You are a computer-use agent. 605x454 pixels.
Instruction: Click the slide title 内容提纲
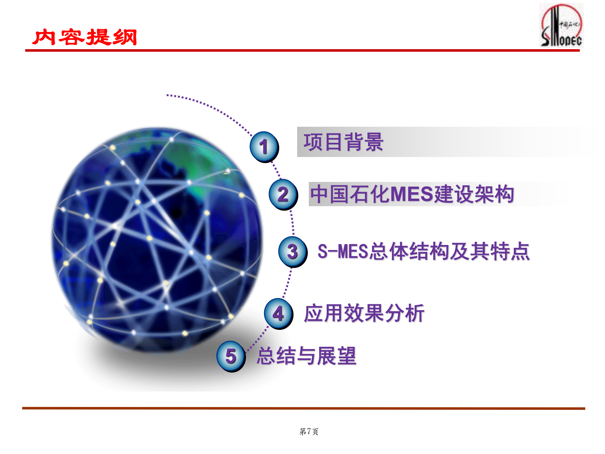coord(84,37)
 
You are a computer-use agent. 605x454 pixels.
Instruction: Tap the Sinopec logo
coord(561,25)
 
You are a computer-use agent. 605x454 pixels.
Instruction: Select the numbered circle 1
coord(264,147)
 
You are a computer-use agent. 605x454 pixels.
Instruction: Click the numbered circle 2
coord(283,194)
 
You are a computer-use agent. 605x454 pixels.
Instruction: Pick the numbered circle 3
coord(292,252)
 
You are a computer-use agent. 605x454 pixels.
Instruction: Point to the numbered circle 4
coord(278,314)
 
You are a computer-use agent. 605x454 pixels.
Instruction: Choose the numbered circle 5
coord(231,356)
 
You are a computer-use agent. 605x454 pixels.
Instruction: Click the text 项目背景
coord(343,142)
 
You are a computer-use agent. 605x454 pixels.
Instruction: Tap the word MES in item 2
coord(412,194)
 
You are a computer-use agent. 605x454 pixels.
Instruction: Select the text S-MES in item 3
coord(343,252)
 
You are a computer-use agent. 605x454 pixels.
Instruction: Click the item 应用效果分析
coord(364,313)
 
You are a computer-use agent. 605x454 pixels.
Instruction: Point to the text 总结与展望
coord(306,356)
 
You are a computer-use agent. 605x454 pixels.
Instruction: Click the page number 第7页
coord(309,431)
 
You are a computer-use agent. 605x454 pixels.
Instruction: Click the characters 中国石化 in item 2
coord(350,194)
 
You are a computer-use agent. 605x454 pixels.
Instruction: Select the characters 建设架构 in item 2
coord(474,194)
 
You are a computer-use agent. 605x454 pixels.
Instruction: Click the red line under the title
coord(302,50)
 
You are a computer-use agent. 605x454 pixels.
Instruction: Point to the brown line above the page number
coord(302,408)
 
